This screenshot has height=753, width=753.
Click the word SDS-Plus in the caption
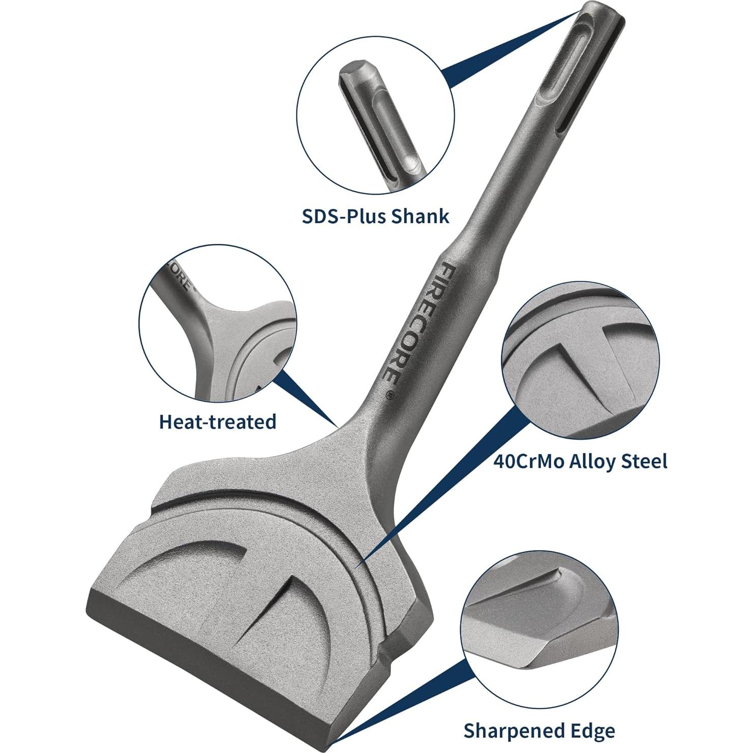[344, 216]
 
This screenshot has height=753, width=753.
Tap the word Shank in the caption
[420, 216]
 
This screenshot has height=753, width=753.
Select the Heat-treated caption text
[218, 421]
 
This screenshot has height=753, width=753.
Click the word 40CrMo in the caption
[528, 461]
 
